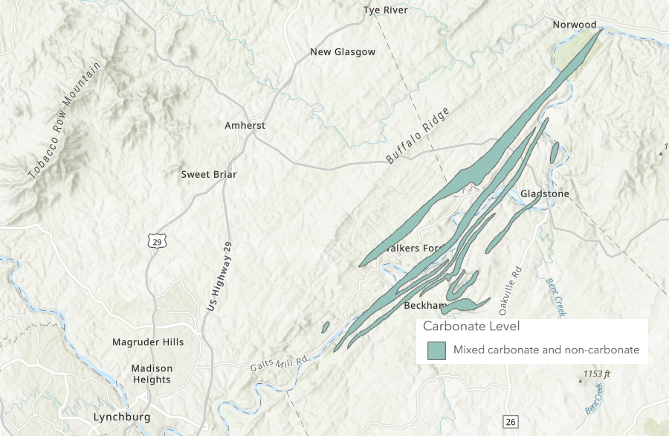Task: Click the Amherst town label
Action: (x=245, y=126)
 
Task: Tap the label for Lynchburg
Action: (x=122, y=417)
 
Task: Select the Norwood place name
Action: (x=575, y=25)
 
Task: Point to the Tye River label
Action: (x=386, y=10)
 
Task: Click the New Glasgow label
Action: (x=343, y=52)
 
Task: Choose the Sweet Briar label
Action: (x=209, y=174)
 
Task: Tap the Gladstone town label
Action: (x=545, y=193)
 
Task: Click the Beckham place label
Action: (x=424, y=306)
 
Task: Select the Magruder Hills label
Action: (x=148, y=342)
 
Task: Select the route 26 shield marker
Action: (x=509, y=422)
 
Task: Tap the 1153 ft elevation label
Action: (x=596, y=374)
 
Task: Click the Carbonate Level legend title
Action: (x=471, y=327)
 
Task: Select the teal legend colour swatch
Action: (x=436, y=350)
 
